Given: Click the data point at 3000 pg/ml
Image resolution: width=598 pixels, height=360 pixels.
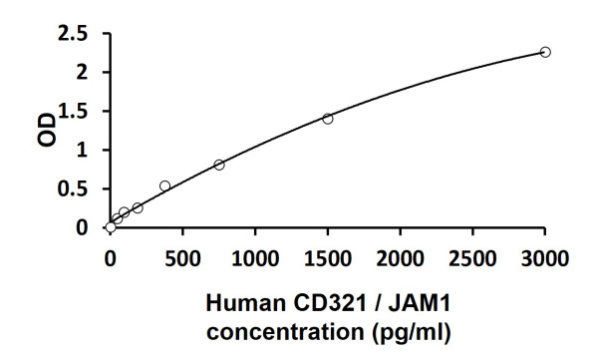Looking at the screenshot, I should [x=545, y=52].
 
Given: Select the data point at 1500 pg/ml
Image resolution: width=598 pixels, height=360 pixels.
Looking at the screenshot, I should [x=328, y=119].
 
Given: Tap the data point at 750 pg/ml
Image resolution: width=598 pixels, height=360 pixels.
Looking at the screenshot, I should [x=219, y=165].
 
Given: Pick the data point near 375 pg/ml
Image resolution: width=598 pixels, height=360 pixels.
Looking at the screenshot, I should [x=164, y=185].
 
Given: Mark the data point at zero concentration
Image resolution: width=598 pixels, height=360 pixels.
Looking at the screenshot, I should [x=111, y=227].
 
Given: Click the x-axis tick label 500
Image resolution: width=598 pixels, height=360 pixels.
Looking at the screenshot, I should [x=182, y=258].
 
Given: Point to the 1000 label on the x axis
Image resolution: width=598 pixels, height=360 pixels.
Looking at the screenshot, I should [x=255, y=258].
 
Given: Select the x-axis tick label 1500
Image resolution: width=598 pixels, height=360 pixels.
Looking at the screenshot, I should [x=328, y=258].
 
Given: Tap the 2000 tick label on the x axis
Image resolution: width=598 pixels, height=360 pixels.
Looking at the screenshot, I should [x=401, y=258].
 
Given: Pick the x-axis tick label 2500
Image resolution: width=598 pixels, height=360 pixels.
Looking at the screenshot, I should [x=472, y=258].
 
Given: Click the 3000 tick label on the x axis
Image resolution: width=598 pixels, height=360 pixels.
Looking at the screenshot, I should [x=545, y=258].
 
